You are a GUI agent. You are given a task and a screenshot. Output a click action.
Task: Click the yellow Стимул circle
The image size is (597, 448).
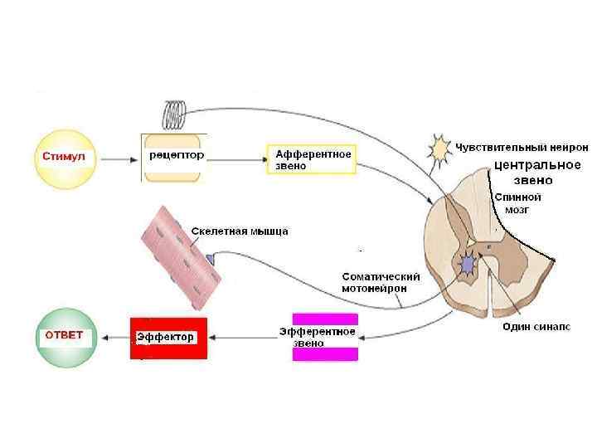(64, 156)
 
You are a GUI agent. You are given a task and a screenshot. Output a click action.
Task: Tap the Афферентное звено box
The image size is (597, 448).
(311, 159)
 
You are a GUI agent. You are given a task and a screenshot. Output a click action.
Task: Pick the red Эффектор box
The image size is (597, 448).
(168, 337)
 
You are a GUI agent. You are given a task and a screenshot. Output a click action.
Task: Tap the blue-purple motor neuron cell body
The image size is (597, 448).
(468, 264)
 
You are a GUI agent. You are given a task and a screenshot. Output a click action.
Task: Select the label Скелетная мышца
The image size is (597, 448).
(239, 231)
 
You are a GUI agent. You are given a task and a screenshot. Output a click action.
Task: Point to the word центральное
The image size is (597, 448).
(536, 164)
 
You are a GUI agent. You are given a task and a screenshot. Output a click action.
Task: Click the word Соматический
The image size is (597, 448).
(381, 276)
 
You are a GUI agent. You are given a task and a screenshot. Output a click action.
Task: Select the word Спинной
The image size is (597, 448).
(517, 197)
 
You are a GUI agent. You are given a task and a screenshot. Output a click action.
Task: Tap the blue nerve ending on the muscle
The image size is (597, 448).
(210, 260)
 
